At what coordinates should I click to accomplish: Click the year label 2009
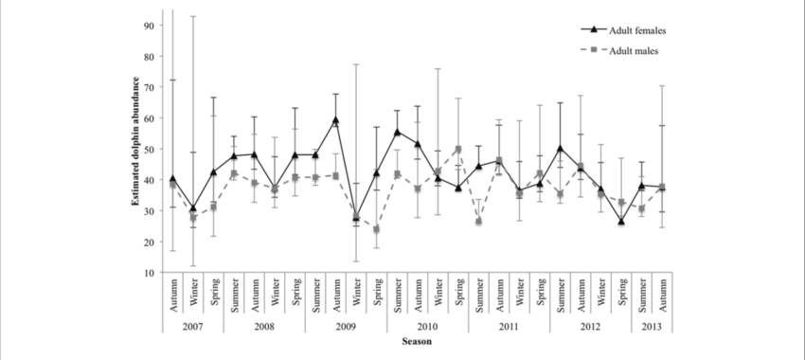[346, 325]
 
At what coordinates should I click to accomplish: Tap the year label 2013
[652, 325]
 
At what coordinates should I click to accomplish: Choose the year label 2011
[509, 325]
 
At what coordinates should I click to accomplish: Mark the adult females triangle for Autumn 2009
[336, 120]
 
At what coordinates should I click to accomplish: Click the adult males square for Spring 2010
[458, 149]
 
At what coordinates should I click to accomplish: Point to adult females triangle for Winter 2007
[193, 208]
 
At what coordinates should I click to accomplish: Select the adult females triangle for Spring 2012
[621, 222]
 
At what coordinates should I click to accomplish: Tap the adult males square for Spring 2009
[377, 229]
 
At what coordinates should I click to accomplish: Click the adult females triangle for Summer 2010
[397, 133]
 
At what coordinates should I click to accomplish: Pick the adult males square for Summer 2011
[479, 222]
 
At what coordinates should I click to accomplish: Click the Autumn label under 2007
[172, 297]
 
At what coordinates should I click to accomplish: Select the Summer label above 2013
[642, 297]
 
